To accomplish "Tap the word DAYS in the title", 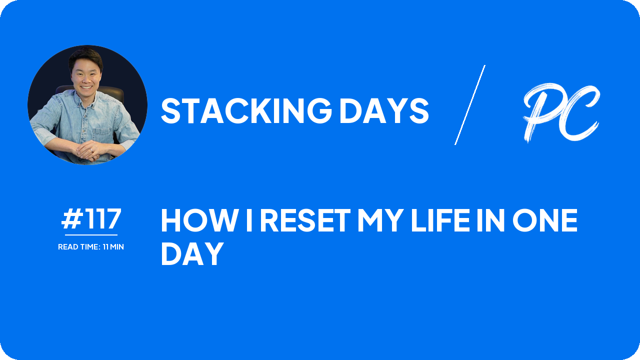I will (383, 110).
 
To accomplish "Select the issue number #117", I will (91, 219).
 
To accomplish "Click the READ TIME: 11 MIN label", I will (91, 247).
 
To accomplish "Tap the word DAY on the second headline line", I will (192, 254).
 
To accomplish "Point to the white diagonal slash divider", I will (470, 105).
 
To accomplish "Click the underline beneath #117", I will (91, 234).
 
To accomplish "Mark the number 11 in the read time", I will (106, 247).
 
